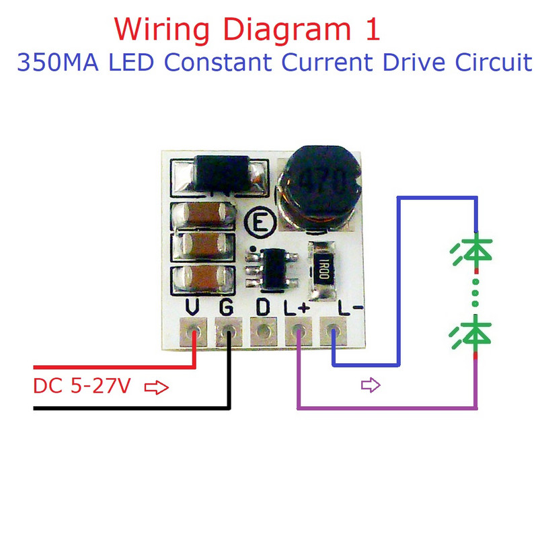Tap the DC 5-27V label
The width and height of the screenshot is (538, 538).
click(x=81, y=388)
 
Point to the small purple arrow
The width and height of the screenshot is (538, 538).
click(x=371, y=385)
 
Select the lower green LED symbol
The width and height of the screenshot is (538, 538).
click(x=473, y=333)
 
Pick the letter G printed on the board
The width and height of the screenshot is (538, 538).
click(x=227, y=307)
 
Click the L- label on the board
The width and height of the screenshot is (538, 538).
click(x=350, y=307)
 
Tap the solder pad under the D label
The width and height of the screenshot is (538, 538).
click(x=263, y=332)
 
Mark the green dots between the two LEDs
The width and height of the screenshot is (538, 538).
click(x=475, y=293)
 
